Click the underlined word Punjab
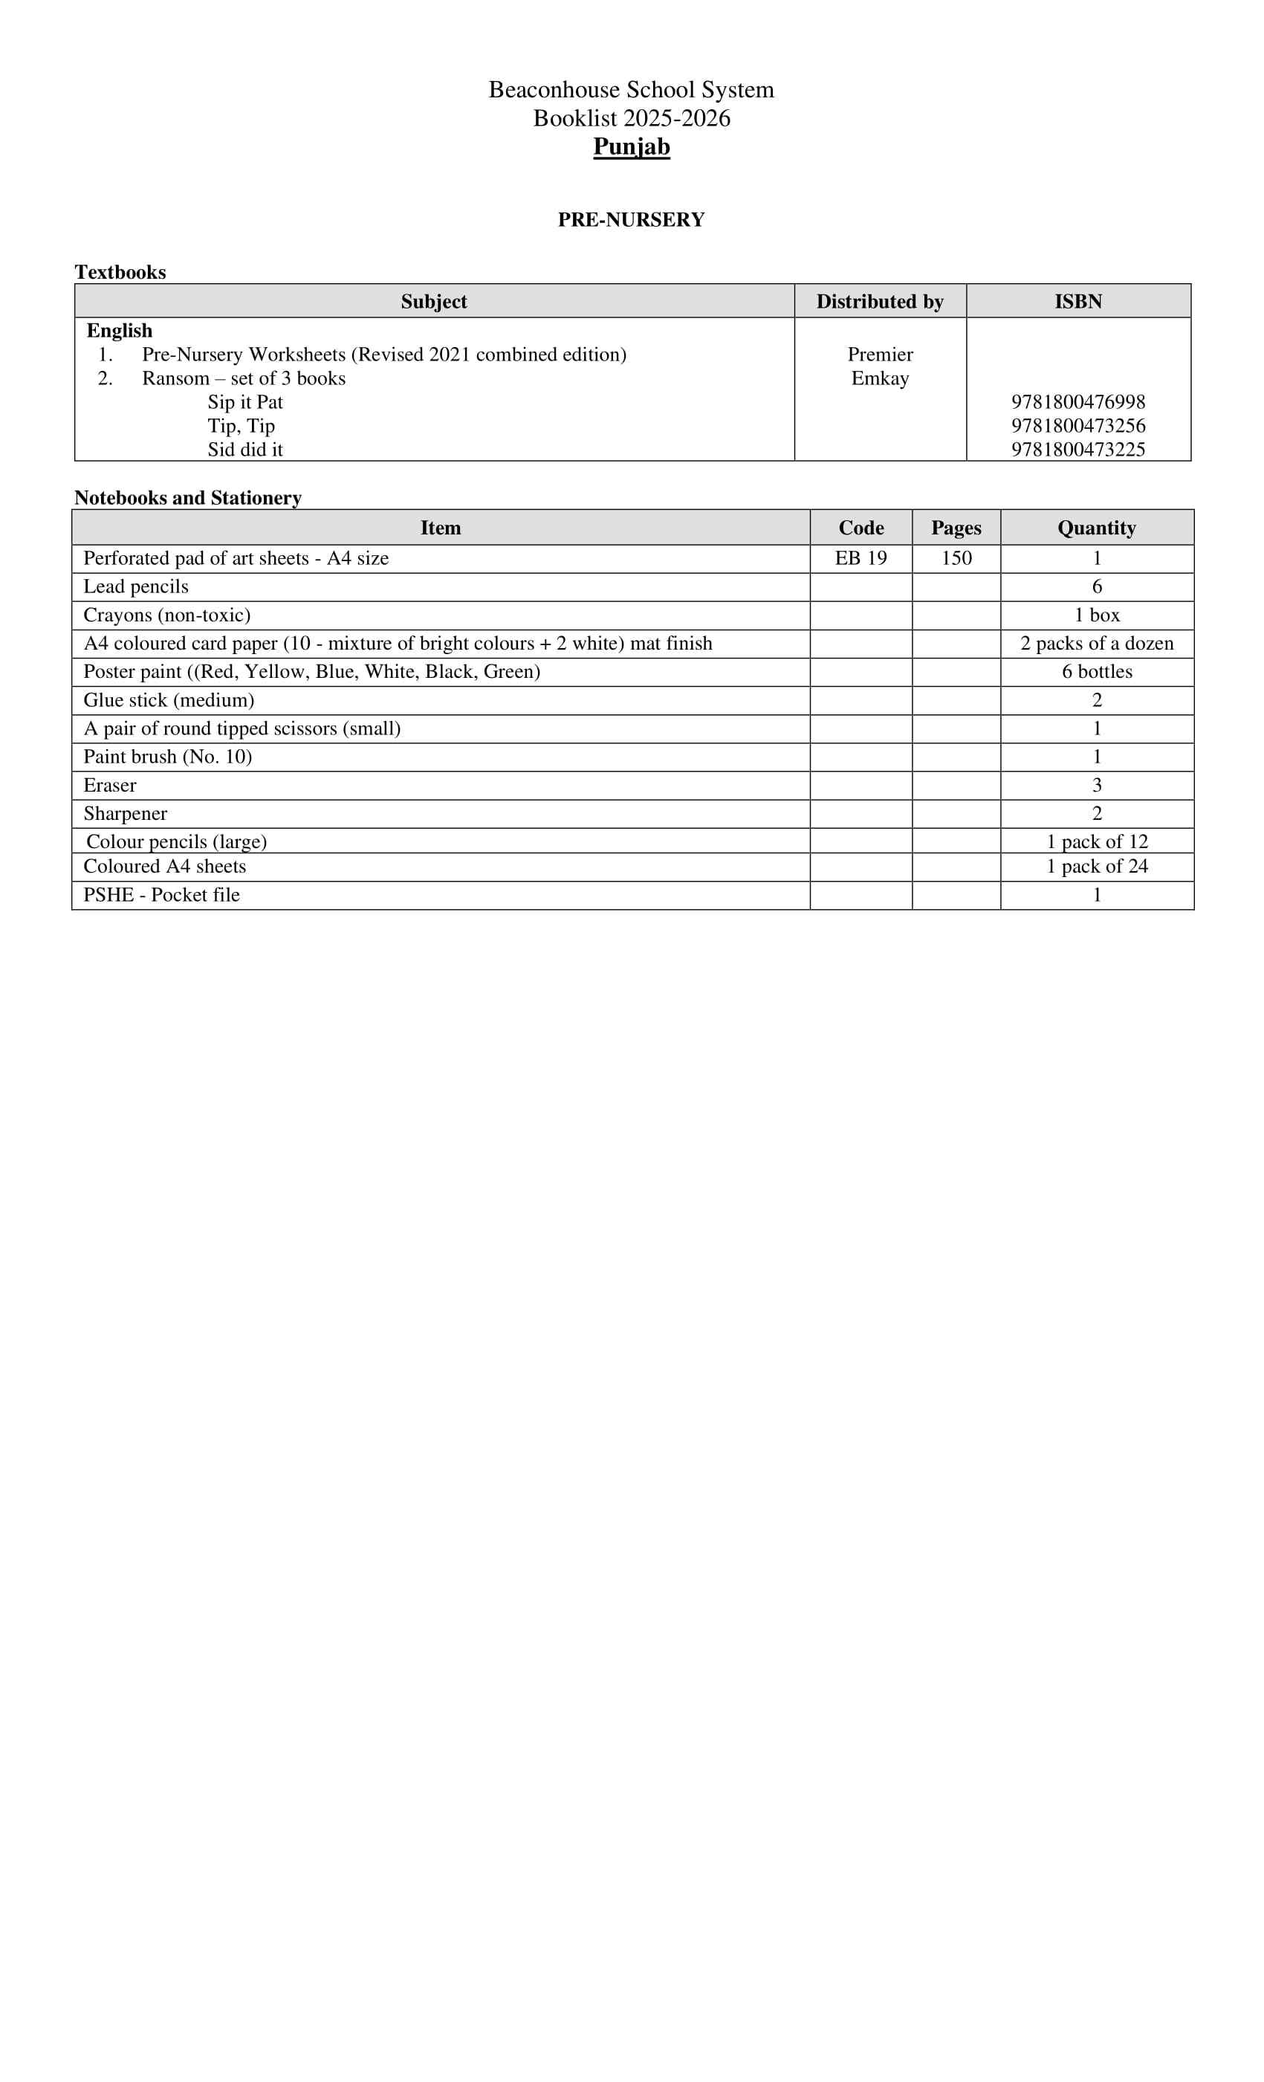coord(631,147)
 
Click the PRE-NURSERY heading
coord(631,220)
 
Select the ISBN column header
coord(1078,302)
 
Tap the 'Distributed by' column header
coord(880,302)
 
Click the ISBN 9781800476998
coord(1078,402)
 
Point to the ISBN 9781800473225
coord(1078,450)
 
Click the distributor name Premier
coord(880,355)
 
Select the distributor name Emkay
coord(880,378)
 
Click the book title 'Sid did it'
coord(245,450)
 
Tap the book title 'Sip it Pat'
coord(245,402)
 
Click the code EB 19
coord(861,558)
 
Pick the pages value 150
coord(956,558)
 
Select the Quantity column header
coord(1097,528)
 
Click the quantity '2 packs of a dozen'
coord(1097,644)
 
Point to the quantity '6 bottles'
coord(1097,672)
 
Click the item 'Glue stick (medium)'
coord(169,700)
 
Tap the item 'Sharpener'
coord(125,814)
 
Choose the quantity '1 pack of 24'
coord(1097,867)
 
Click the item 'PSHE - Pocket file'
coord(161,895)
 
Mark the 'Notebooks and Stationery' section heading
coord(187,498)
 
